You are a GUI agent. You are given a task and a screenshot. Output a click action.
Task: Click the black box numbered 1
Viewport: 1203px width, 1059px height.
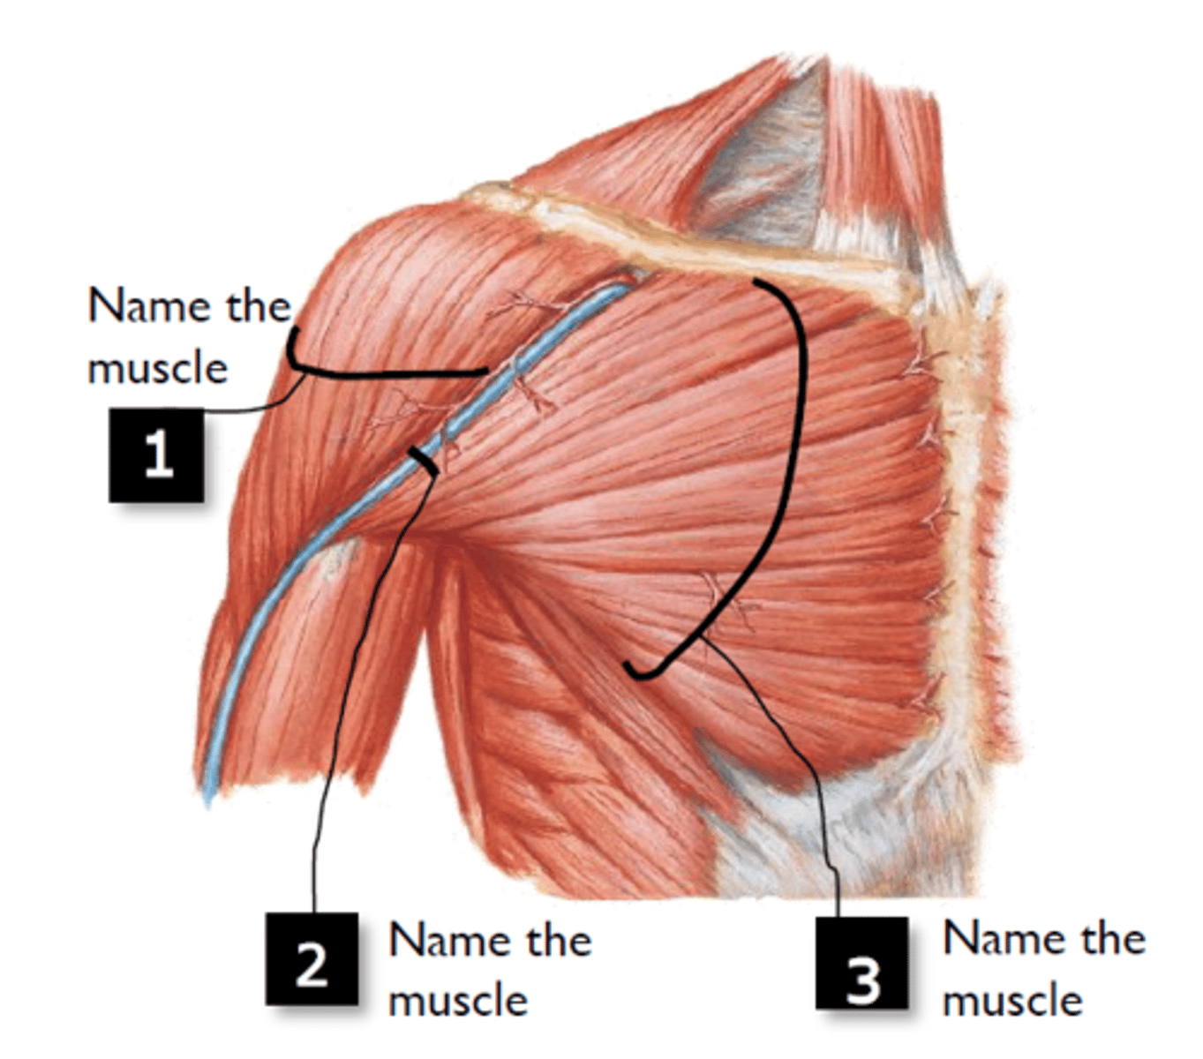click(x=156, y=454)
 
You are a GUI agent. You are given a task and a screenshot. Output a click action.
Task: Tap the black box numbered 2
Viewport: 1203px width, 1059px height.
click(x=312, y=958)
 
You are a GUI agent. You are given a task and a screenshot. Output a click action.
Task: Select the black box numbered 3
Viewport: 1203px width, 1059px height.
click(x=861, y=963)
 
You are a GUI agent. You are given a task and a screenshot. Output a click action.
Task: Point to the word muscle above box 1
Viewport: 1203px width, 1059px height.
click(x=158, y=369)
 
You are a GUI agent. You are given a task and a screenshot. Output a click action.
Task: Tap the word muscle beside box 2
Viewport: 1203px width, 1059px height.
click(x=458, y=1000)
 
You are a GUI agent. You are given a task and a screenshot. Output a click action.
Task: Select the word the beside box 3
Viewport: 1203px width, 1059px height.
click(x=1113, y=938)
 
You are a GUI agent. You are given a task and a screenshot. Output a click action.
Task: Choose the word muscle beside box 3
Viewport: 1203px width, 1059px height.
click(x=1013, y=1000)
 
